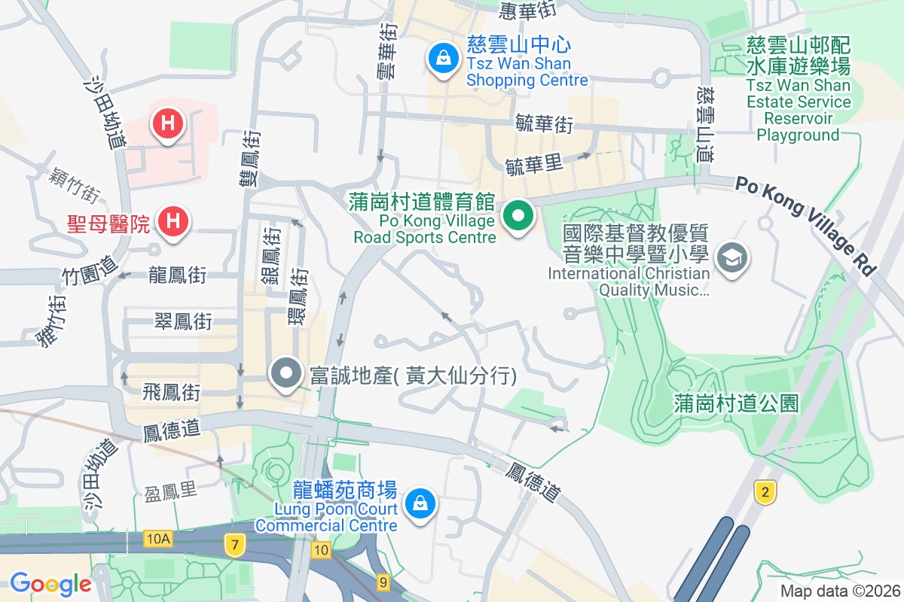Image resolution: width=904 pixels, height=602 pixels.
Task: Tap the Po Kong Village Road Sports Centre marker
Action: (518, 216)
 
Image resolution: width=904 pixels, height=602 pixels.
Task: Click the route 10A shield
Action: (158, 538)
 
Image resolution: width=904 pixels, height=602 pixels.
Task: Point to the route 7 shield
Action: (235, 545)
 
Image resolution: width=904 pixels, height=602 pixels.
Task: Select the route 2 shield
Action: (765, 493)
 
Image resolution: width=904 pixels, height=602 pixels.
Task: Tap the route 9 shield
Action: (383, 581)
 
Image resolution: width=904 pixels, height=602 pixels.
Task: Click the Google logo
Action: (50, 583)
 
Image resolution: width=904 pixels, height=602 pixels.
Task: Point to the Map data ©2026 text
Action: (840, 591)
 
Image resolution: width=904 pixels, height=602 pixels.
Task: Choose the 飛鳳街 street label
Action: (173, 391)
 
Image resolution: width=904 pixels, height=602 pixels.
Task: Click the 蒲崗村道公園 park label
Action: (737, 404)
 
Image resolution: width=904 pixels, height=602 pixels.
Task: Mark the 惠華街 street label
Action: (527, 11)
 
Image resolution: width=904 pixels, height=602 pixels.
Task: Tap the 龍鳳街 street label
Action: (178, 275)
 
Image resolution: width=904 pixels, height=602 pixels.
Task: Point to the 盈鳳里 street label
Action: (170, 491)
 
